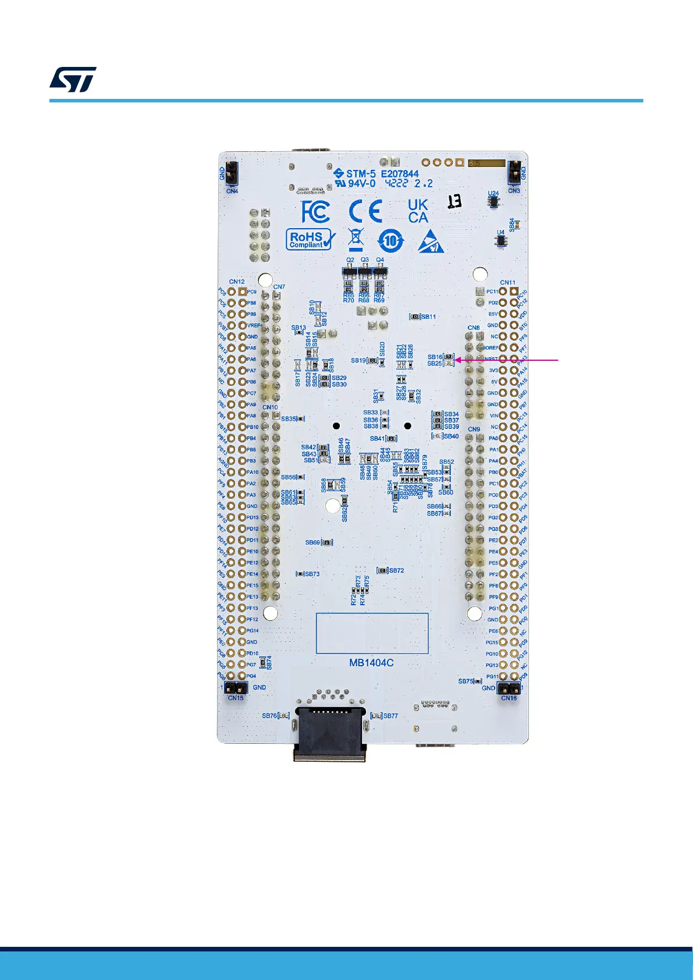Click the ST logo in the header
click(73, 80)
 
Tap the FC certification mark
click(315, 211)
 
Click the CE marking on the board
click(365, 211)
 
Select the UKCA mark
click(418, 211)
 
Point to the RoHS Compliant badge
click(311, 239)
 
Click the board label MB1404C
click(371, 662)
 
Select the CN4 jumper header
click(232, 172)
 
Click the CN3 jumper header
click(514, 172)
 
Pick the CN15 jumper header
click(236, 688)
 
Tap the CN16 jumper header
click(509, 688)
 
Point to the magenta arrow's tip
click(456, 360)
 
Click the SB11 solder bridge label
click(429, 317)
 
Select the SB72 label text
click(396, 570)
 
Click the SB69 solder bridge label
click(312, 542)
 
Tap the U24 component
click(493, 201)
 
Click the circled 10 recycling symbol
click(390, 240)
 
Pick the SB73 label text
click(312, 574)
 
